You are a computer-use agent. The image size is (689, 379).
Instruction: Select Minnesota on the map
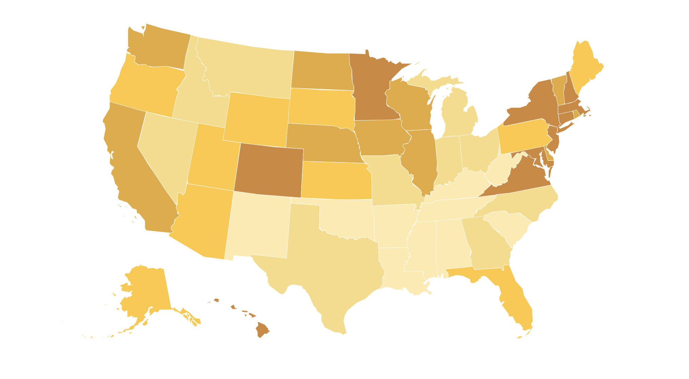point(371,88)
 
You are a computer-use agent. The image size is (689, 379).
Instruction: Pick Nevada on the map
point(166,149)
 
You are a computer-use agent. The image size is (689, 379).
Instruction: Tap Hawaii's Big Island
point(262,329)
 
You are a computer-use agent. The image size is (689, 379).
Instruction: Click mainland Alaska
point(149,288)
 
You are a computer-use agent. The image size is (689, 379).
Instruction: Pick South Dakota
point(321,107)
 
